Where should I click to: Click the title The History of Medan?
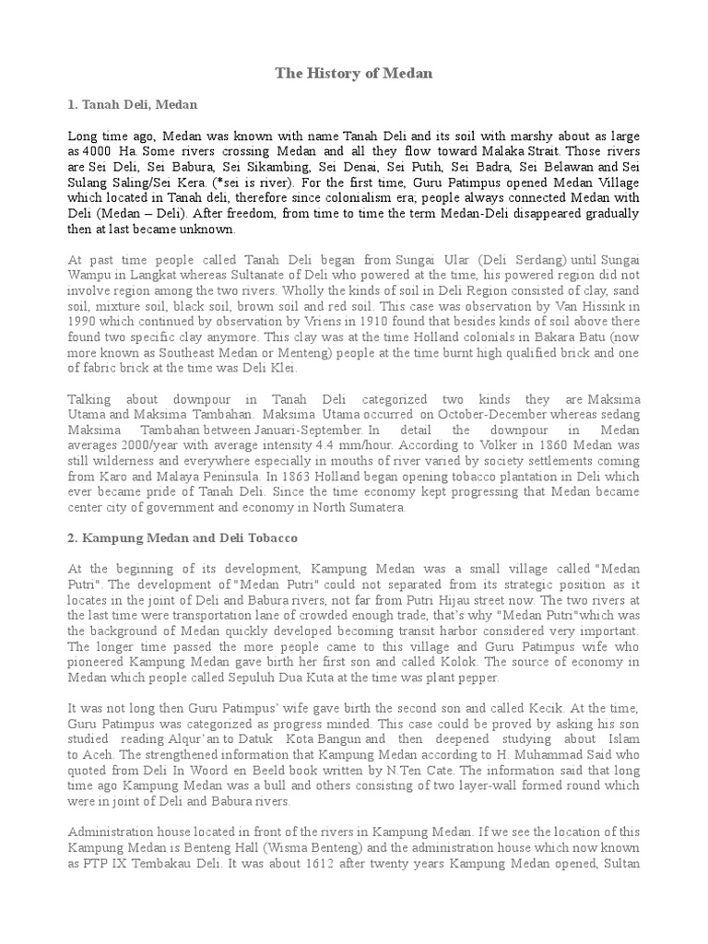[355, 73]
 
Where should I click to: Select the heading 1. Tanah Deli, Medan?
[133, 106]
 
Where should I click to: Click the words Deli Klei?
[282, 366]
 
